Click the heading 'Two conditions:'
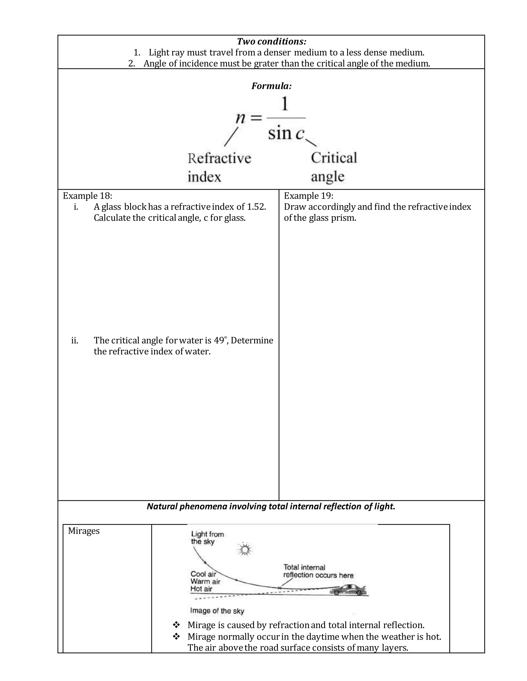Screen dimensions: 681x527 pos(271,41)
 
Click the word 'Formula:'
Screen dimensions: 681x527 pos(271,86)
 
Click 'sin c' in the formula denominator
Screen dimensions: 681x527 pos(286,133)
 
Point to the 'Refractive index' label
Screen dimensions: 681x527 pos(219,168)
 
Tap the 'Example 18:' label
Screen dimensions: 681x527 pos(87,196)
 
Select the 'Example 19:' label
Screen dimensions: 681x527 pos(309,196)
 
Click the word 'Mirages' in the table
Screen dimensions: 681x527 pos(84,531)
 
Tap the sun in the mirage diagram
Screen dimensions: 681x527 pos(244,549)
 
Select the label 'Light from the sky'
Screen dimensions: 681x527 pos(207,538)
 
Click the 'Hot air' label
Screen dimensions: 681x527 pos(201,589)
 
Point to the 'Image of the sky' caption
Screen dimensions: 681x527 pos(217,611)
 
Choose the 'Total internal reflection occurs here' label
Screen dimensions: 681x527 pos(318,571)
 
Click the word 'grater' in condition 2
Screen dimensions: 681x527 pos(266,64)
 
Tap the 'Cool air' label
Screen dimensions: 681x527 pos(203,574)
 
